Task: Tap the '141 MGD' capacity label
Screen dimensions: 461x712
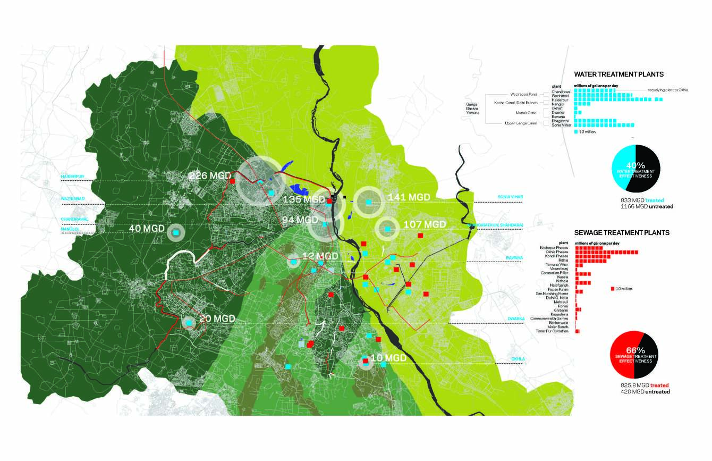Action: click(409, 197)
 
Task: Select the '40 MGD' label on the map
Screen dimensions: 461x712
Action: click(147, 228)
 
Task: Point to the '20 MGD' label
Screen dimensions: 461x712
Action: click(217, 319)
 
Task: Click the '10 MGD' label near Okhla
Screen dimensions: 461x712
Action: click(388, 358)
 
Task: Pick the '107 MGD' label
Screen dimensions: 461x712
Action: click(425, 224)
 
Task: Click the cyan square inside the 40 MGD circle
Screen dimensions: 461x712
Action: click(176, 232)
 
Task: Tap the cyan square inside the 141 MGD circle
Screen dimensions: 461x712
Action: click(369, 202)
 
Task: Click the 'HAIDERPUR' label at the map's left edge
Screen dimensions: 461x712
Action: click(73, 176)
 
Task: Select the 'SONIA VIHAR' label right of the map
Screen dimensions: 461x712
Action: click(510, 197)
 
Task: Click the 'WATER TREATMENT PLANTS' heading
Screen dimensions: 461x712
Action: click(619, 75)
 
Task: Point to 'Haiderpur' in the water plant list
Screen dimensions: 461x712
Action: click(561, 99)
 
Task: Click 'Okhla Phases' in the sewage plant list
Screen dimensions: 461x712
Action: click(554, 252)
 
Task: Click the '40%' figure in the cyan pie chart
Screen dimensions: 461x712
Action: click(636, 165)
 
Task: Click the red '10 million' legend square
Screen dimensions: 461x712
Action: click(613, 289)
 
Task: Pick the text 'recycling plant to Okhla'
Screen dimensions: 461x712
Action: click(667, 90)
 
